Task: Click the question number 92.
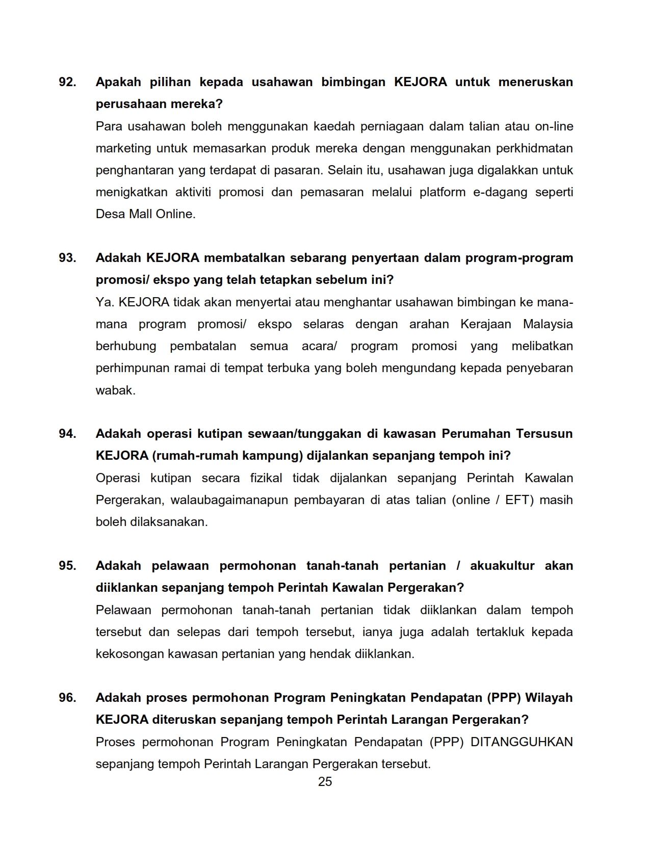point(67,82)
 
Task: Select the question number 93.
point(67,258)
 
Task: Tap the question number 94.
point(67,434)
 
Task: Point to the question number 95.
point(67,566)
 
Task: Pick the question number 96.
point(67,698)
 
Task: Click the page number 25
point(325,782)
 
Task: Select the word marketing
point(123,148)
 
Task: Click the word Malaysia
point(548,324)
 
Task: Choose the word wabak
point(116,390)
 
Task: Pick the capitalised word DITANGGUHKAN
point(522,742)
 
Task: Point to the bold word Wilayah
point(549,698)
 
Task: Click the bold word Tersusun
point(544,434)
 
